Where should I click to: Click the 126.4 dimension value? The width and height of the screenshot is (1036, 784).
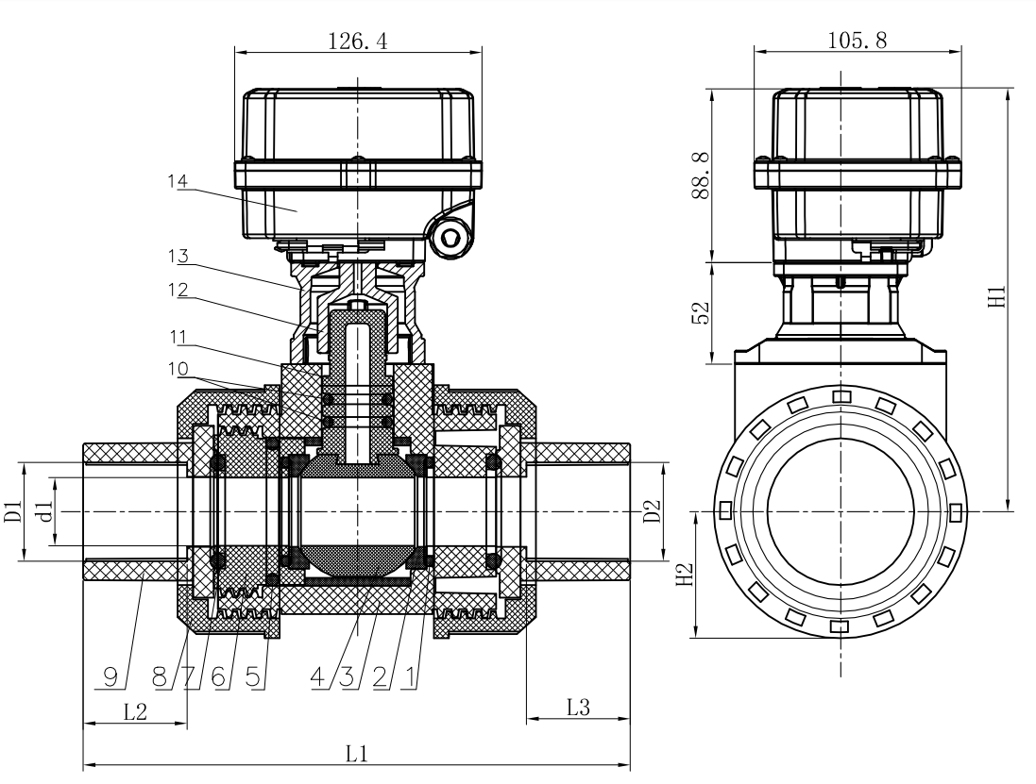click(357, 41)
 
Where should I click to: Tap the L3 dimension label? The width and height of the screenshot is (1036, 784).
click(577, 707)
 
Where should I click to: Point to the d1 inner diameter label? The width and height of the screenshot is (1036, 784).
click(42, 511)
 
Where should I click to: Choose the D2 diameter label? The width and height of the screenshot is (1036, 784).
click(653, 511)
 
